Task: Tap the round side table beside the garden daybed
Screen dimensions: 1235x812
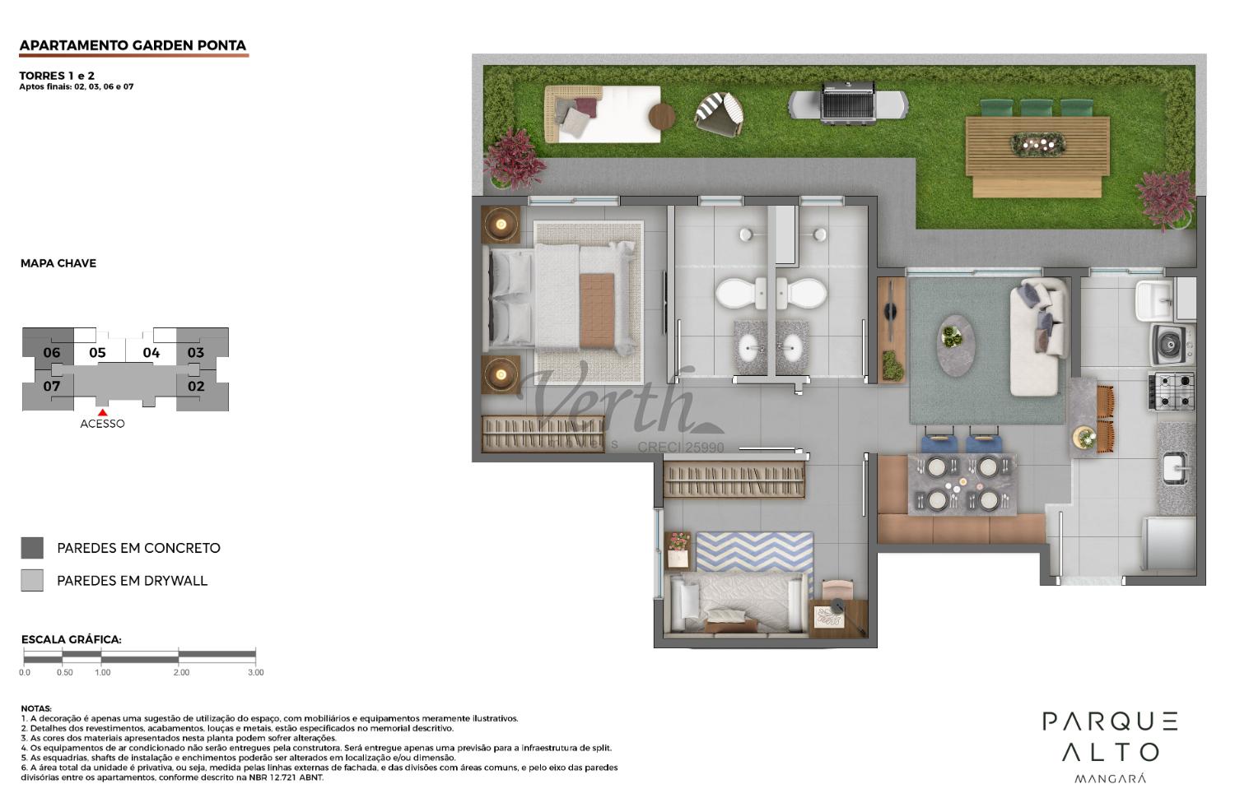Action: (x=662, y=116)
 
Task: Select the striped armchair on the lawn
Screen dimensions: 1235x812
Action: (x=719, y=114)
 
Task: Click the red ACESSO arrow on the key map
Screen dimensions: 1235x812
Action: (x=103, y=412)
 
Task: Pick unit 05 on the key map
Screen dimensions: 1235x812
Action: (x=98, y=353)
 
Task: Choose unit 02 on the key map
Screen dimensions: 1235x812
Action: (x=196, y=386)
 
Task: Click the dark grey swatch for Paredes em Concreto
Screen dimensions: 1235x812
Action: (x=32, y=548)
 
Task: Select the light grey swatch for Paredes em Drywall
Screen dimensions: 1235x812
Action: (x=32, y=580)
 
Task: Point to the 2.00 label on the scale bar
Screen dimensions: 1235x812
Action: (x=181, y=673)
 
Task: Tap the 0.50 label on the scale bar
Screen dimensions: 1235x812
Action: (x=64, y=673)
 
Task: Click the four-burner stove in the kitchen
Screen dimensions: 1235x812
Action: (x=1172, y=391)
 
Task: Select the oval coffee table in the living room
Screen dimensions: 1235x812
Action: (x=955, y=346)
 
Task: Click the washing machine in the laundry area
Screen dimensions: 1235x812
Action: (x=1172, y=345)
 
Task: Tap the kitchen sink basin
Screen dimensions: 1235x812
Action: (x=1175, y=467)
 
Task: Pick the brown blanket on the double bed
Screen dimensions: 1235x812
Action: (x=597, y=311)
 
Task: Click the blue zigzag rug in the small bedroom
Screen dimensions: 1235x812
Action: (x=754, y=552)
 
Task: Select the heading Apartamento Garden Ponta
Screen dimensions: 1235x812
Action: (x=133, y=45)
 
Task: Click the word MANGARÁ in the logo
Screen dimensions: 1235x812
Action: (x=1111, y=778)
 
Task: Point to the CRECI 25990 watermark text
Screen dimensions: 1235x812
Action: (x=681, y=448)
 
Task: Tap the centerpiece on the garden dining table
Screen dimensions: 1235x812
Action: (x=1037, y=144)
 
